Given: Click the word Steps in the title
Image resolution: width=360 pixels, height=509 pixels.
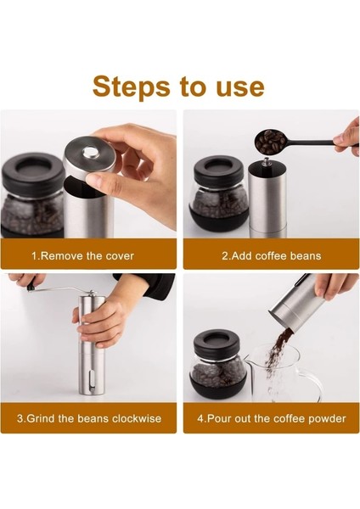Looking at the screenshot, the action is [131, 87].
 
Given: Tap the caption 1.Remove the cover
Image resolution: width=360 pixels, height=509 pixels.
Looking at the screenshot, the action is [82, 256].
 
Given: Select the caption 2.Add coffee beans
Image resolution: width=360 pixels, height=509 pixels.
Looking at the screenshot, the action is [272, 256].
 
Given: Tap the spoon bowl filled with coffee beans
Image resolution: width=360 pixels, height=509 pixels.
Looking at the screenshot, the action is [270, 141].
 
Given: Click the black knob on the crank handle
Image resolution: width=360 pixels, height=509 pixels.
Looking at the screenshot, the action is [31, 287].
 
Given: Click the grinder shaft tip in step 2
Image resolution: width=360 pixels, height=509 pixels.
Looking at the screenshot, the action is [266, 161].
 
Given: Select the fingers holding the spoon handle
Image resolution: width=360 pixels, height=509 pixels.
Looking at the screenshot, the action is [347, 137].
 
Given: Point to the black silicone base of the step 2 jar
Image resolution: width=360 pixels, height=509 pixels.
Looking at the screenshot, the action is [218, 224].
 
